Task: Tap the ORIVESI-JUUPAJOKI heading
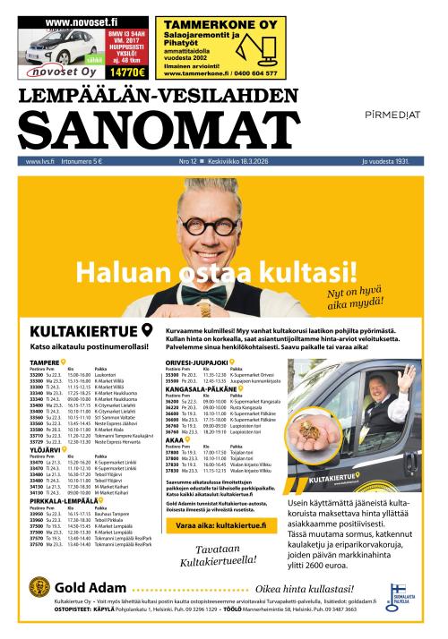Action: click(197, 362)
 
